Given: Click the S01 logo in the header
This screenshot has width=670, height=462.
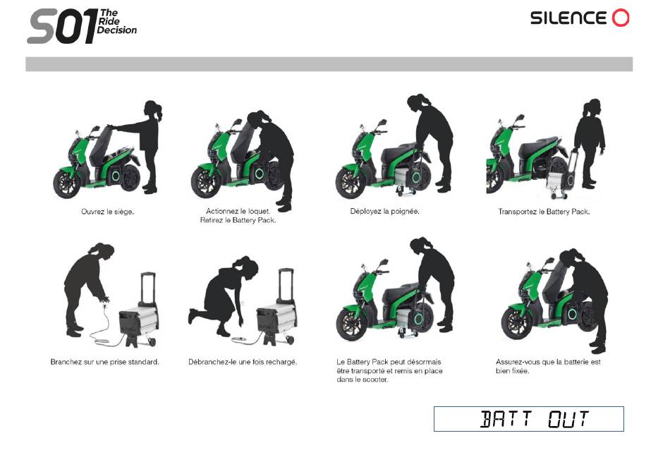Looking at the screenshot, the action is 82,25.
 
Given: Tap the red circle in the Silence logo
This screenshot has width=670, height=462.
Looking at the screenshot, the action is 621,18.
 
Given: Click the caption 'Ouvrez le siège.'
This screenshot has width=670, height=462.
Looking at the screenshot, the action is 107,212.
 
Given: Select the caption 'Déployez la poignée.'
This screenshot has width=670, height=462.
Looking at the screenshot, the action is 384,211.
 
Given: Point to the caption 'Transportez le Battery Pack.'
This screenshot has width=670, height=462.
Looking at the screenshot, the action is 544,212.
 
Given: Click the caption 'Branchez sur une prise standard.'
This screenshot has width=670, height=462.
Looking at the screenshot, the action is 104,362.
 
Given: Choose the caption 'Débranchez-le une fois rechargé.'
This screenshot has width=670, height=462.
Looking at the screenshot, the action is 243,362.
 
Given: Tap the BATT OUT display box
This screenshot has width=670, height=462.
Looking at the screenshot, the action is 528,419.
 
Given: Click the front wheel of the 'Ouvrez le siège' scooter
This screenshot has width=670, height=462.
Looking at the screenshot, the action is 67,184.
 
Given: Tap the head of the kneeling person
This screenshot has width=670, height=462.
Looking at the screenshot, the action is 246,267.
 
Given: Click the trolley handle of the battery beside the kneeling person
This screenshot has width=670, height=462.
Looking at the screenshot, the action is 286,284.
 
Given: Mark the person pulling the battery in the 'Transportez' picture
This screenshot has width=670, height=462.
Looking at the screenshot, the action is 589,143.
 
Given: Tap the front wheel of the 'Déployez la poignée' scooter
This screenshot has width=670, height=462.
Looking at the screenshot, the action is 351,183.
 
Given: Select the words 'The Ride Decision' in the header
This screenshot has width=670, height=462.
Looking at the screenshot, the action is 116,21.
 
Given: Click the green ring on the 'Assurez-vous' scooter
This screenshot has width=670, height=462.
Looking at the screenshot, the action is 572,315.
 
